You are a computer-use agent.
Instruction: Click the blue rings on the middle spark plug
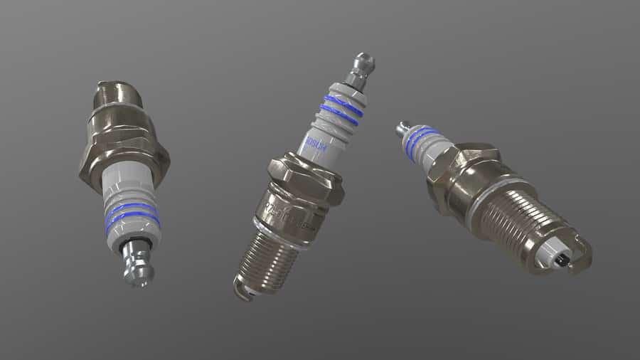pyautogui.click(x=342, y=109)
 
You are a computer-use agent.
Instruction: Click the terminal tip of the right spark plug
pyautogui.click(x=402, y=129)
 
